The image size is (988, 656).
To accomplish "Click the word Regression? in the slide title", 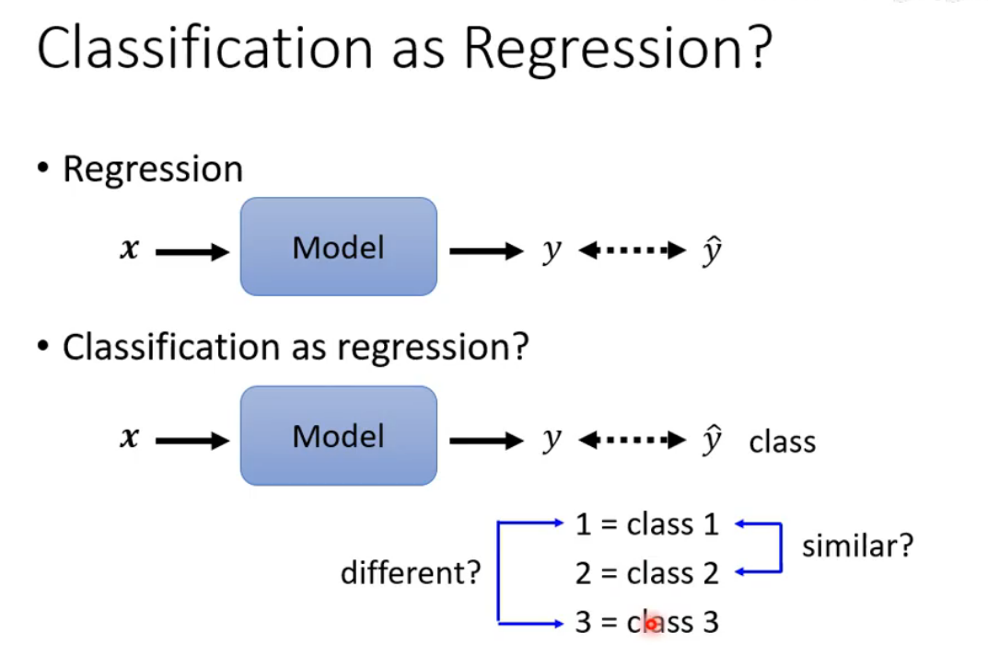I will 615,51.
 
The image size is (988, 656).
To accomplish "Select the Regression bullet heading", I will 152,169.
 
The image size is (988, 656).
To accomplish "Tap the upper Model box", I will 338,247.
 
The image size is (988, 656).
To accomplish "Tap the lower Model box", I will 338,435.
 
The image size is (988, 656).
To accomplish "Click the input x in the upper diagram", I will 129,249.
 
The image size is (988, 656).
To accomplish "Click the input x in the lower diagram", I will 129,439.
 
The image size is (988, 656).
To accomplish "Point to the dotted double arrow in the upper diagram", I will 633,249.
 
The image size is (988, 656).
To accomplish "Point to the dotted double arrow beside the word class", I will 633,439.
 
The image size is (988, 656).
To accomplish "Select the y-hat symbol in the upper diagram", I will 710,249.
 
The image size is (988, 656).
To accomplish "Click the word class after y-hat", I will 782,442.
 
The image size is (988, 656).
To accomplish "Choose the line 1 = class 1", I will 646,524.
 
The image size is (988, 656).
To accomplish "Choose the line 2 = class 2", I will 646,573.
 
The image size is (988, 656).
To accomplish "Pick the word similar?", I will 857,547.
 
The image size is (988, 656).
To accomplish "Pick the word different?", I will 411,573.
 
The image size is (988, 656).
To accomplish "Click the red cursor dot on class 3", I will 652,624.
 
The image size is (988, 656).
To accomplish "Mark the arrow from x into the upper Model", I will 192,251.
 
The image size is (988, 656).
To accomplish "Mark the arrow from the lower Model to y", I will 485,440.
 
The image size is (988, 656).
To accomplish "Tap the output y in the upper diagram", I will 551,251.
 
